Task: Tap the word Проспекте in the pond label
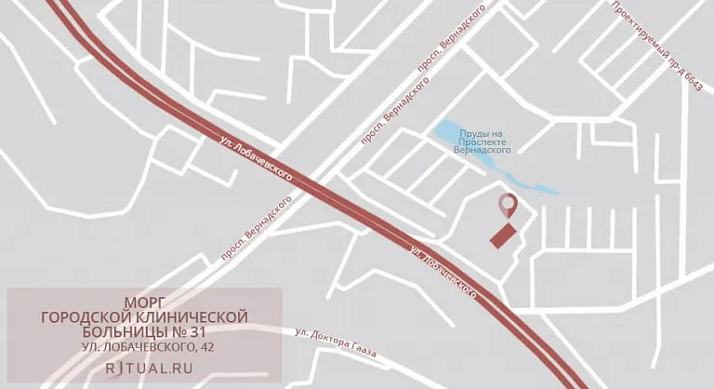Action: click(x=483, y=141)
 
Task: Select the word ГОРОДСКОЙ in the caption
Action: click(x=85, y=318)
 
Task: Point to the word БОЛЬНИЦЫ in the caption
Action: click(x=110, y=333)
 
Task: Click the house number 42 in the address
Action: click(x=206, y=348)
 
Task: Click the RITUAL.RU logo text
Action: click(x=144, y=368)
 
